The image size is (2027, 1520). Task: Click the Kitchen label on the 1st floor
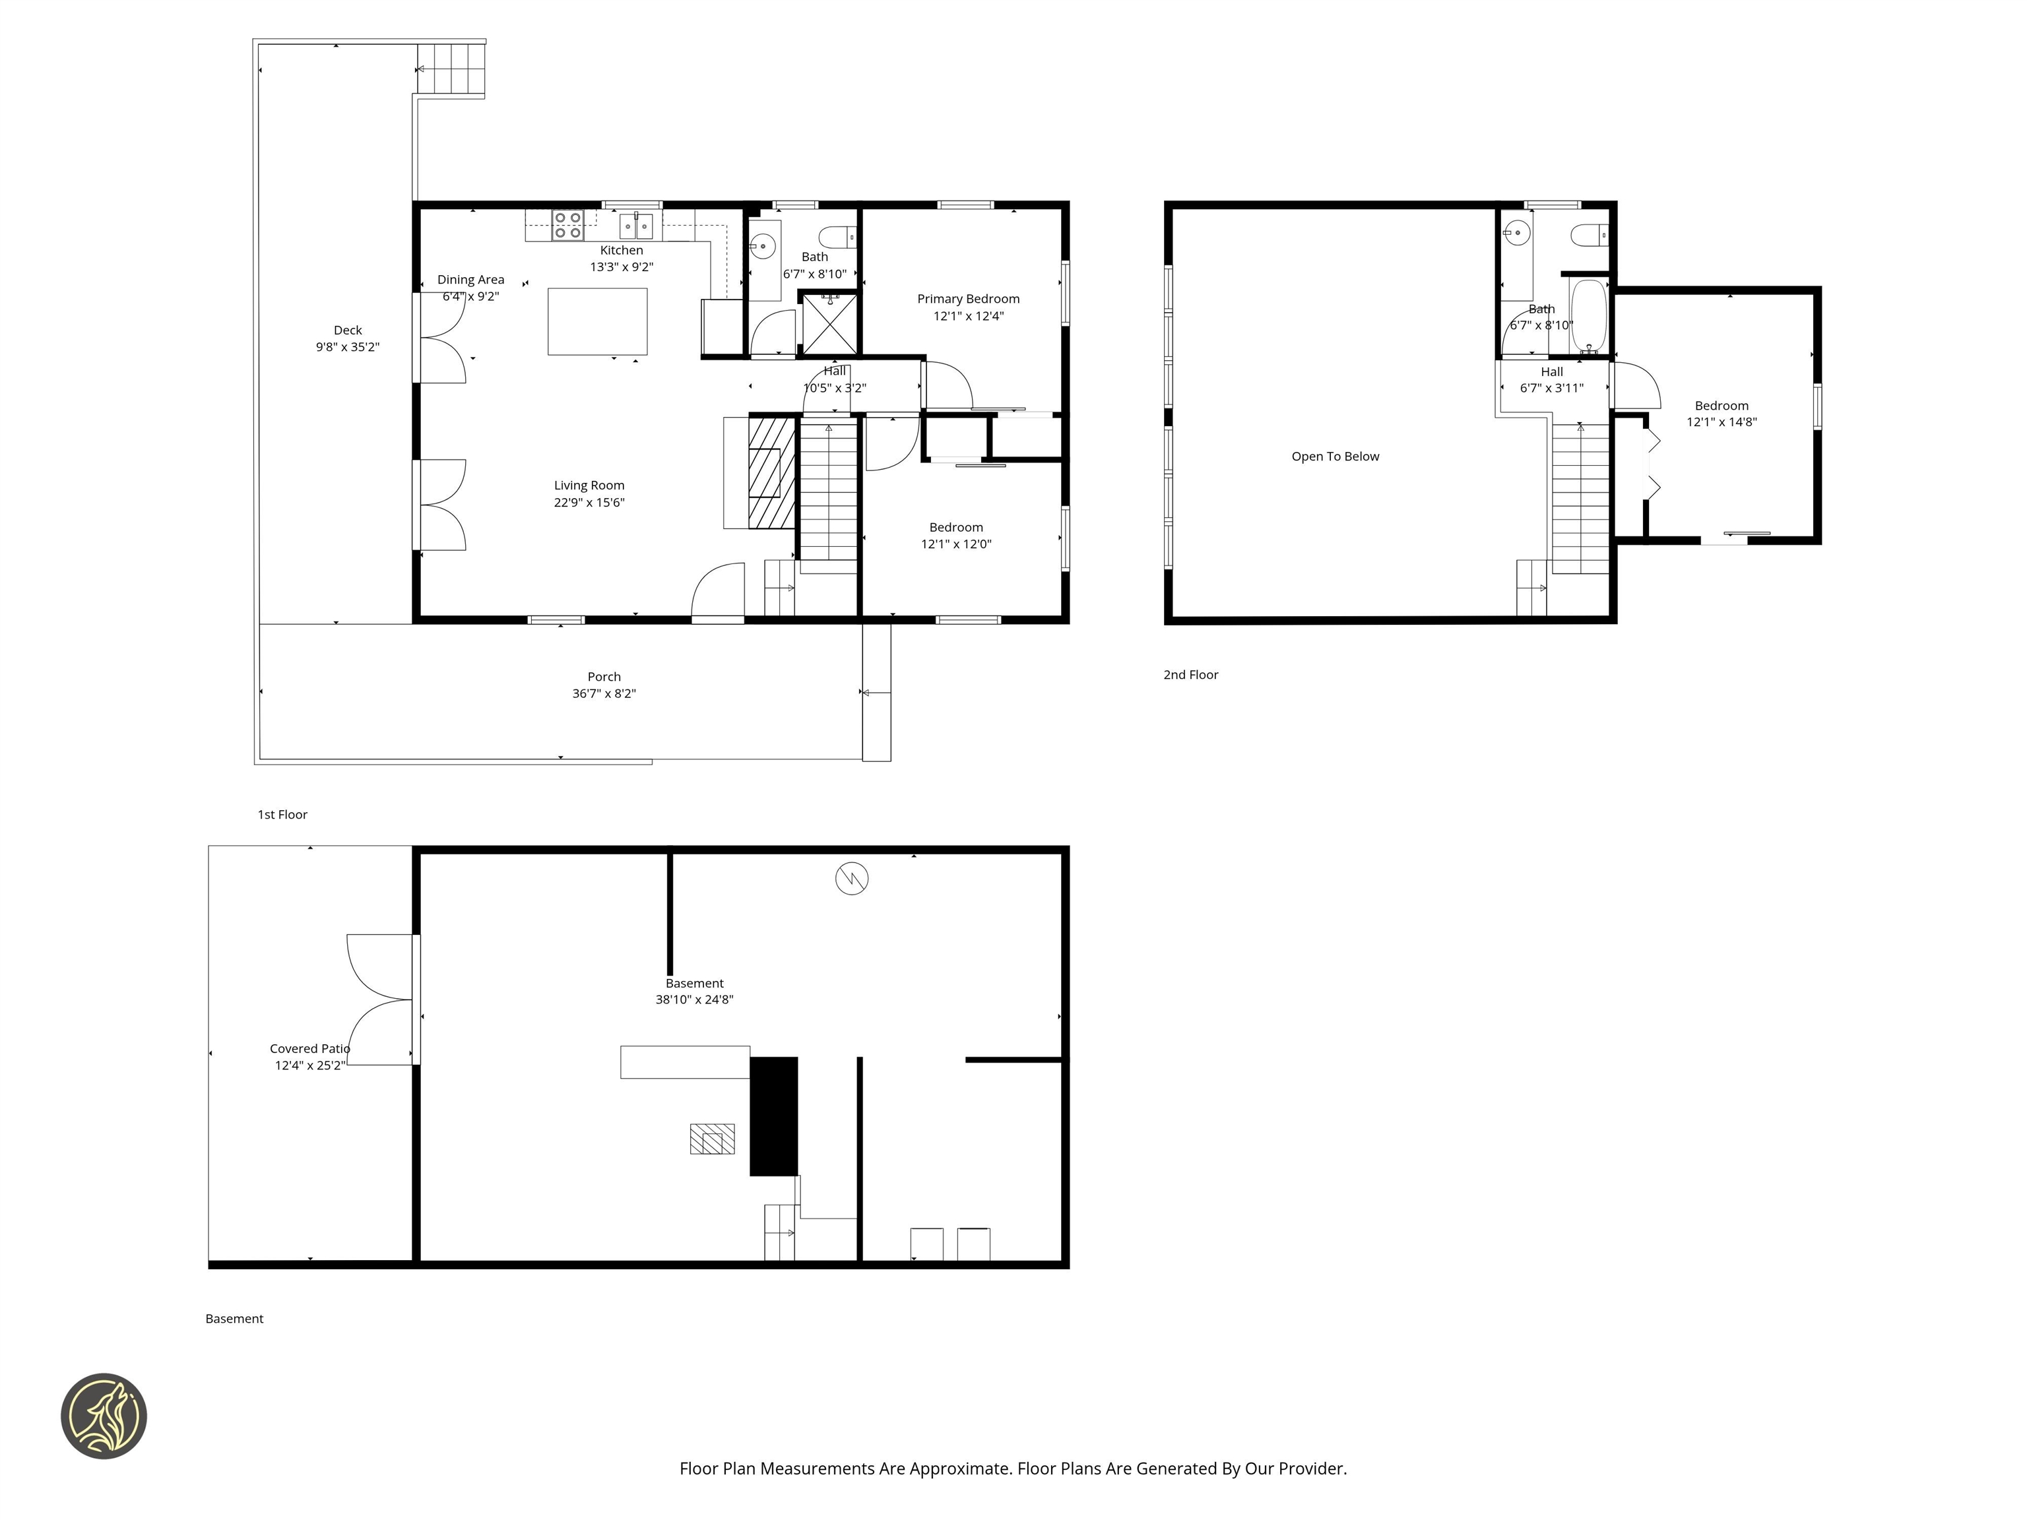[622, 250]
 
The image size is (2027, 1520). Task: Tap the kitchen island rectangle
[597, 321]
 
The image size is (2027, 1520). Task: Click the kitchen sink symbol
[636, 224]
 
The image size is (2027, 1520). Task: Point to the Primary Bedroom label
[968, 299]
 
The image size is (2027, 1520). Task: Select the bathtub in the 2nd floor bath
[1588, 316]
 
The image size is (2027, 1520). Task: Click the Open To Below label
[1334, 457]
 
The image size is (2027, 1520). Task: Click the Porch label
[604, 676]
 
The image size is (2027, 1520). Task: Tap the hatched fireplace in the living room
[771, 473]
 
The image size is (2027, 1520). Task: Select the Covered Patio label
[309, 1048]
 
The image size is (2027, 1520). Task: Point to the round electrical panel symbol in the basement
[851, 879]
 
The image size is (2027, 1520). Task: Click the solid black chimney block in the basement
[773, 1116]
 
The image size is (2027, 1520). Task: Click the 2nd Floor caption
[1190, 674]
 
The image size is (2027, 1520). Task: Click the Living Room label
[589, 486]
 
